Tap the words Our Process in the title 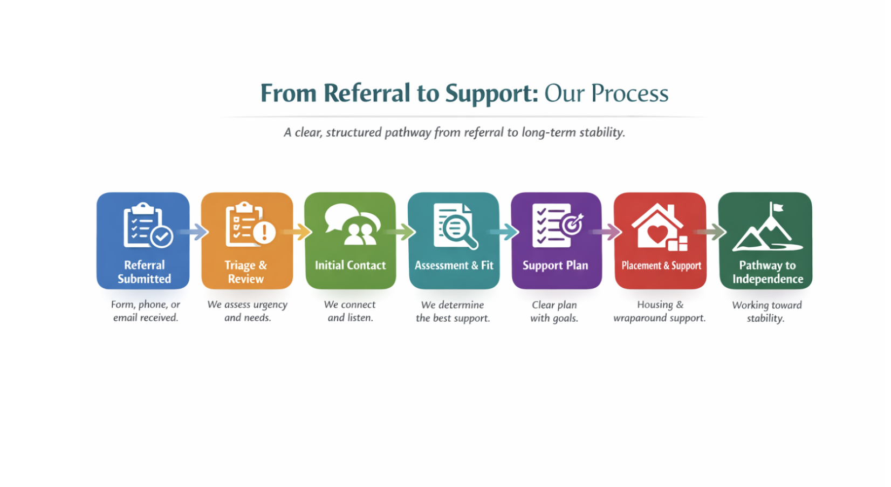(x=606, y=93)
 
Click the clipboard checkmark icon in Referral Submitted (x=161, y=236)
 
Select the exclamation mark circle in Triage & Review (x=264, y=232)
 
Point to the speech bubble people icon (x=352, y=225)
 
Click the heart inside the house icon (x=657, y=234)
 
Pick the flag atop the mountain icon (x=777, y=207)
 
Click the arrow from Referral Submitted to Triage (x=195, y=232)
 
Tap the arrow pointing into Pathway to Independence (x=711, y=232)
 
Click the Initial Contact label (x=350, y=265)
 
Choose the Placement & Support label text (x=661, y=266)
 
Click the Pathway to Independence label (x=767, y=272)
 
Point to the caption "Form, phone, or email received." (x=145, y=311)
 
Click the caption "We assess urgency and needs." (x=247, y=311)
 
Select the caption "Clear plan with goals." (x=554, y=312)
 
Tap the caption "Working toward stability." (x=766, y=312)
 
